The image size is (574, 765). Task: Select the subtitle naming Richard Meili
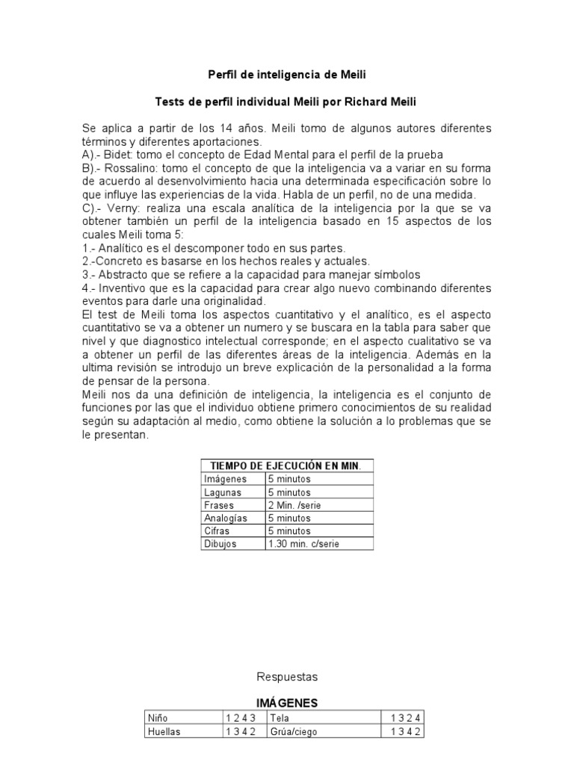point(287,102)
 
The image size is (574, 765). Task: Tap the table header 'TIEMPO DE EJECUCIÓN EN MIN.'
point(288,466)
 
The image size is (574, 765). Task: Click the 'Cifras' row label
point(216,530)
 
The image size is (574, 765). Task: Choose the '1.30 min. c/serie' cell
point(303,544)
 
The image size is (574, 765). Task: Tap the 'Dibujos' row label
point(220,544)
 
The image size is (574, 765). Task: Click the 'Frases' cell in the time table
point(216,505)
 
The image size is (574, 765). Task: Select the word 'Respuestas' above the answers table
point(287,677)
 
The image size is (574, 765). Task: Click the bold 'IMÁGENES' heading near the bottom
point(287,703)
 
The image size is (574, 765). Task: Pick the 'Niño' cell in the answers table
point(158,718)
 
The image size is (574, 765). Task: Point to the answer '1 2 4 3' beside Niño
point(241,718)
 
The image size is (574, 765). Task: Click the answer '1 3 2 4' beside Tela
point(406,718)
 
